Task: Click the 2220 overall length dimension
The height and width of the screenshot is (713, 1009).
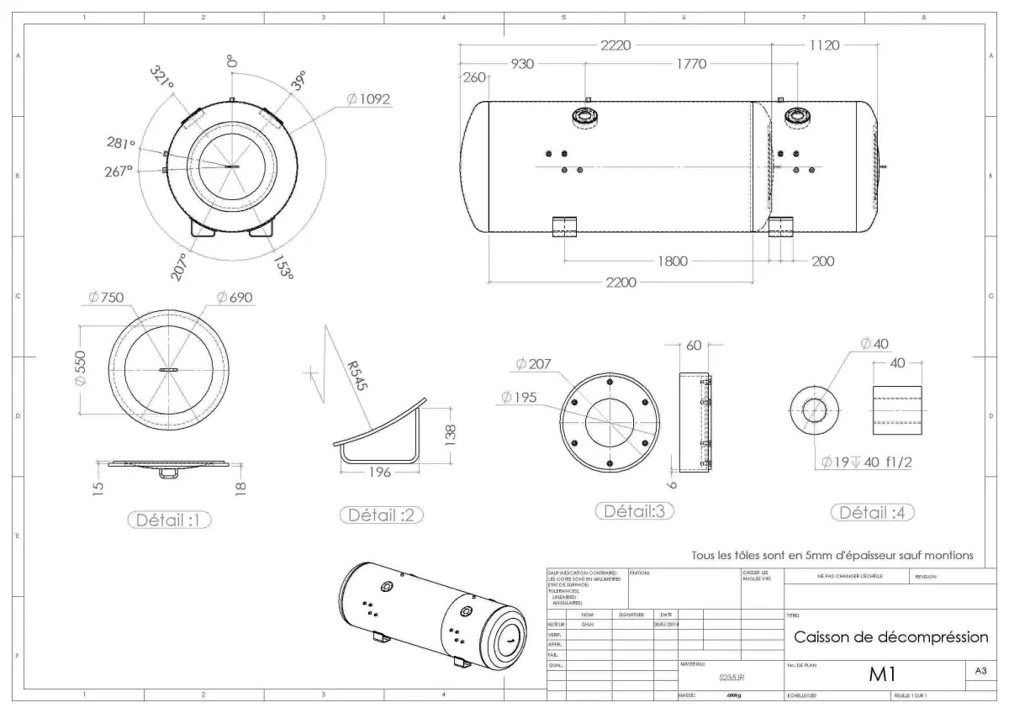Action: [x=616, y=45]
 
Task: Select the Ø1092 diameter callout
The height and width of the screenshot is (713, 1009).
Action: [x=367, y=99]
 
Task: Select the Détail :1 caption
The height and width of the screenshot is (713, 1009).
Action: [x=169, y=520]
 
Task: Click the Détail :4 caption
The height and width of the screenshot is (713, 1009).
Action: [x=872, y=513]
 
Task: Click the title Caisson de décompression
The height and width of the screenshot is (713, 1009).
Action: [x=890, y=636]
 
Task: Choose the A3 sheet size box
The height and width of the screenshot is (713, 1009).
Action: [x=980, y=671]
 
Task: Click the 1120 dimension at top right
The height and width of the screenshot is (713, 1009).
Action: [x=824, y=45]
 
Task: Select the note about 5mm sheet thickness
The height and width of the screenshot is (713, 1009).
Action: [x=832, y=555]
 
